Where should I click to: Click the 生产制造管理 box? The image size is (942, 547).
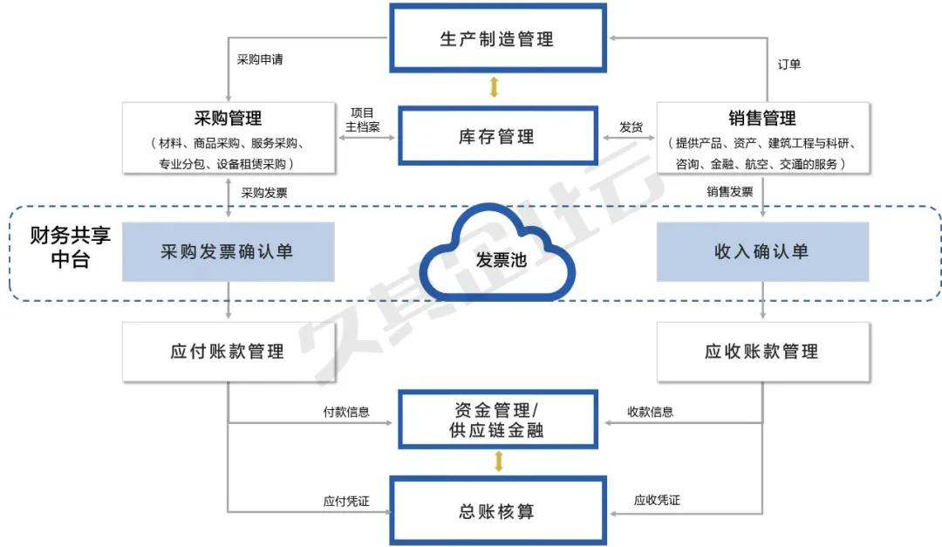click(x=496, y=38)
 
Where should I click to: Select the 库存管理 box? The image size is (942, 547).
click(x=496, y=136)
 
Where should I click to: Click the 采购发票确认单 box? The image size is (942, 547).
click(x=228, y=252)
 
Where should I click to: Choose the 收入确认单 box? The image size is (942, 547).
click(x=761, y=252)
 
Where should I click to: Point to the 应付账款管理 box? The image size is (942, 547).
click(x=228, y=352)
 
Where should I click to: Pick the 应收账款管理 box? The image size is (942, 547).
click(x=761, y=352)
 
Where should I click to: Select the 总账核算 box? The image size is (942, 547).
click(x=496, y=510)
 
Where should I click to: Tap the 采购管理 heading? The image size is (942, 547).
click(x=228, y=117)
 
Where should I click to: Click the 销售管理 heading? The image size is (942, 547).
click(x=761, y=117)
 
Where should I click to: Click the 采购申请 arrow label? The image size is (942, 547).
click(x=259, y=60)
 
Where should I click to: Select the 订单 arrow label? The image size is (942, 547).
click(x=788, y=65)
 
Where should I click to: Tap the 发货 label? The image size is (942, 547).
click(x=631, y=127)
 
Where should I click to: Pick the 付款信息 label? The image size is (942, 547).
click(x=346, y=412)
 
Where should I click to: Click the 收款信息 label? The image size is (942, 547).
click(x=650, y=412)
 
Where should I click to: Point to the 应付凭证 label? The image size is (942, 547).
click(x=346, y=501)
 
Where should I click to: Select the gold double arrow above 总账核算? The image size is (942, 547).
click(x=499, y=462)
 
